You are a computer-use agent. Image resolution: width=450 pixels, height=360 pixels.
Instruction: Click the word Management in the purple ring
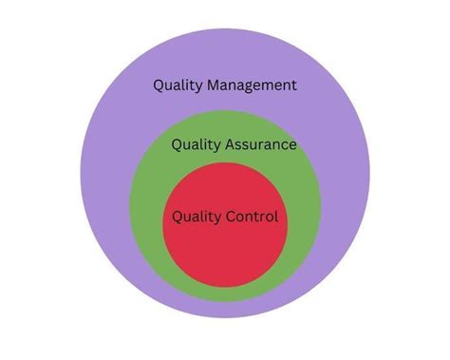click(249, 85)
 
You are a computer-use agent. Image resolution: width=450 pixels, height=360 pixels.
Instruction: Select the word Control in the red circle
click(252, 217)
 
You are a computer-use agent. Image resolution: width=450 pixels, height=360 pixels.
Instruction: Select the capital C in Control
click(231, 217)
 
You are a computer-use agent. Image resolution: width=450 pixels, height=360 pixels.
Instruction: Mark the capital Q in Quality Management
click(159, 85)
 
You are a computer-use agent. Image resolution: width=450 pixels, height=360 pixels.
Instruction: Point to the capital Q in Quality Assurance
click(178, 145)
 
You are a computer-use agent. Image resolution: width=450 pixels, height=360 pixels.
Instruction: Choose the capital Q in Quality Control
click(178, 217)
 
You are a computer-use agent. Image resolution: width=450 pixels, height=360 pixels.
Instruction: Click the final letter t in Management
click(294, 85)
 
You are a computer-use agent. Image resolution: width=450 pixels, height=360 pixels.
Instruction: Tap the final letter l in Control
click(276, 217)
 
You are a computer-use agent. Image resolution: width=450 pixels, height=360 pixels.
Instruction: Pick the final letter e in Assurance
click(291, 146)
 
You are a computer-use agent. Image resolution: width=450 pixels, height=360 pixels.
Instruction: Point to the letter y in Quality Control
click(220, 218)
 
